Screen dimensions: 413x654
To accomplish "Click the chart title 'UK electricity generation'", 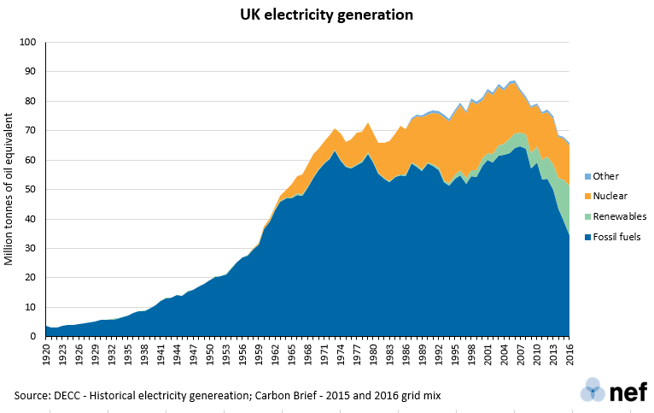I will [x=326, y=15].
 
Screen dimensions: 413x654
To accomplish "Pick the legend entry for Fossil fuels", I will [x=614, y=237].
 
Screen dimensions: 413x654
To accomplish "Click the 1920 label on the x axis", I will [x=48, y=353].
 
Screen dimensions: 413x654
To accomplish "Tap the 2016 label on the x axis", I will [x=569, y=353].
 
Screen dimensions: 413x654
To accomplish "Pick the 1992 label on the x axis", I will [x=439, y=353].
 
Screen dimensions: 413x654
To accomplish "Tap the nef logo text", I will [x=628, y=392].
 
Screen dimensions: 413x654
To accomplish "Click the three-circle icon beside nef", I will [x=593, y=392].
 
